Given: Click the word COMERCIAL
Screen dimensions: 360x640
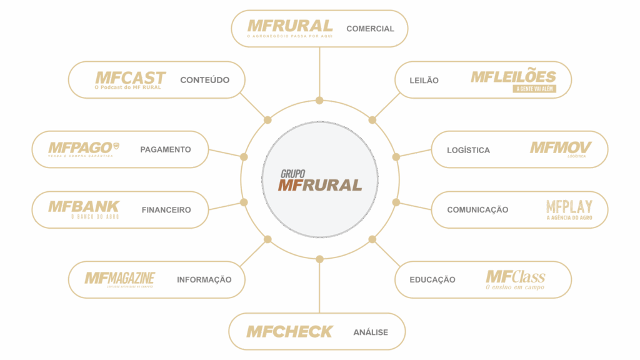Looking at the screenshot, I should (x=370, y=29).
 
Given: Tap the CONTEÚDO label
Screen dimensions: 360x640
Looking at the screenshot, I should (x=204, y=80).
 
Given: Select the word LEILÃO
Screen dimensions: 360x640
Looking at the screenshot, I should (x=424, y=81).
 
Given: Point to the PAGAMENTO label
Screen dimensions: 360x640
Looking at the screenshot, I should (x=166, y=149).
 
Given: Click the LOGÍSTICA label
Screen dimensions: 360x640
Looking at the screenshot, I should (x=468, y=150).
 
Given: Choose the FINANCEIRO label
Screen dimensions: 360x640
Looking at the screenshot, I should (x=166, y=210).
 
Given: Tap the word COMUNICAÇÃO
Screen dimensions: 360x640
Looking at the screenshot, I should (x=477, y=210).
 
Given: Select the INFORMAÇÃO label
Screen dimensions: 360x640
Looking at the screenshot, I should (x=204, y=279).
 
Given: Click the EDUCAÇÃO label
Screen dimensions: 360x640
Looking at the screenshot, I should (x=432, y=279).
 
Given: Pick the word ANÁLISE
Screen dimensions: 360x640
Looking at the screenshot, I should (x=371, y=332).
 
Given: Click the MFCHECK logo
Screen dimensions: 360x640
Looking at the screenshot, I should (x=289, y=332).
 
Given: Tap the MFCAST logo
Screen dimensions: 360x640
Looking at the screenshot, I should (x=129, y=79).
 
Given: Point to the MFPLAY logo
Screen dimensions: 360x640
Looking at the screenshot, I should (x=569, y=209).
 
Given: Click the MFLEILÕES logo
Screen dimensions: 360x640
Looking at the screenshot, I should (x=513, y=79).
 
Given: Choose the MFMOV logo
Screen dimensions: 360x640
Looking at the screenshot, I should (x=560, y=149).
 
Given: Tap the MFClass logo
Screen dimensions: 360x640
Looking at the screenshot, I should (x=516, y=279).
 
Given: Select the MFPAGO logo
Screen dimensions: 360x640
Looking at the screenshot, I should (x=82, y=149).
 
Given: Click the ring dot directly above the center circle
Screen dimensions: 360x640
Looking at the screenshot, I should (x=319, y=101).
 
